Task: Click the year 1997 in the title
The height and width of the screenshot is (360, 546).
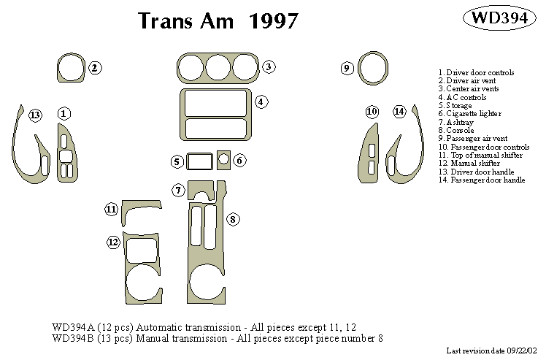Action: [x=273, y=21]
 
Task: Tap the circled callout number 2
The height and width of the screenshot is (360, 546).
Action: [x=94, y=68]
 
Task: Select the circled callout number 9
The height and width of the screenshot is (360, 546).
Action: [x=347, y=69]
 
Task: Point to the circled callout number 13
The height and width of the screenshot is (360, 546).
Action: [x=35, y=115]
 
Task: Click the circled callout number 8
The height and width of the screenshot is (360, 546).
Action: [x=233, y=218]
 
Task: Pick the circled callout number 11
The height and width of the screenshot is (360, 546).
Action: [x=111, y=210]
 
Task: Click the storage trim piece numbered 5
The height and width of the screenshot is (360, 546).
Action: [x=199, y=161]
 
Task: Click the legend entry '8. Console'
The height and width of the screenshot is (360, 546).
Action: [x=455, y=130]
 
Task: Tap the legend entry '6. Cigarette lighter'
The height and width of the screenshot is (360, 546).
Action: [x=470, y=113]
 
